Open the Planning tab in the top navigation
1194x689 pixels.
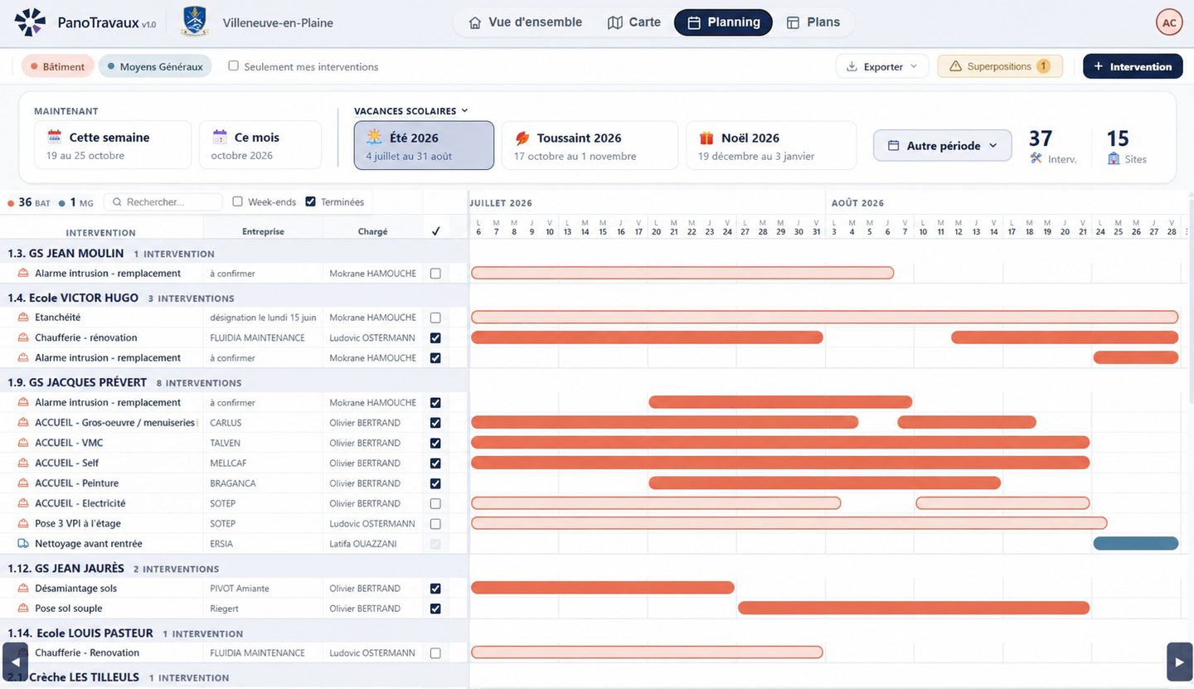click(x=723, y=22)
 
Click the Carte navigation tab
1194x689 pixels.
click(x=633, y=22)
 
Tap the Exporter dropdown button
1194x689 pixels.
click(x=882, y=66)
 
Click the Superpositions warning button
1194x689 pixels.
click(x=1000, y=66)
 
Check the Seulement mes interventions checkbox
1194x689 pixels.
click(x=234, y=66)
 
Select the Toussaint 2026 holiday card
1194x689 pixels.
click(x=590, y=145)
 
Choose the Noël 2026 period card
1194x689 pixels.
click(x=771, y=145)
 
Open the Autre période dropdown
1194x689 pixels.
click(x=942, y=145)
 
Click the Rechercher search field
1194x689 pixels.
click(x=163, y=202)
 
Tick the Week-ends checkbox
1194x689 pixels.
click(x=238, y=201)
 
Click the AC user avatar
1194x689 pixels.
click(x=1169, y=22)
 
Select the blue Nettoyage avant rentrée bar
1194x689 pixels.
click(x=1135, y=544)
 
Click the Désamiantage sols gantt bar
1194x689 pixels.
click(x=602, y=588)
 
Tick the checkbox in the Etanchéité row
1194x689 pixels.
click(x=435, y=318)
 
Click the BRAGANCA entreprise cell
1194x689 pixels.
click(x=233, y=483)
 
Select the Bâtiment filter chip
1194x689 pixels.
click(x=57, y=66)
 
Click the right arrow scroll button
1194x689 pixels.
click(x=1179, y=662)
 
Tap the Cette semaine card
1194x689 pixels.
click(x=113, y=145)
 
